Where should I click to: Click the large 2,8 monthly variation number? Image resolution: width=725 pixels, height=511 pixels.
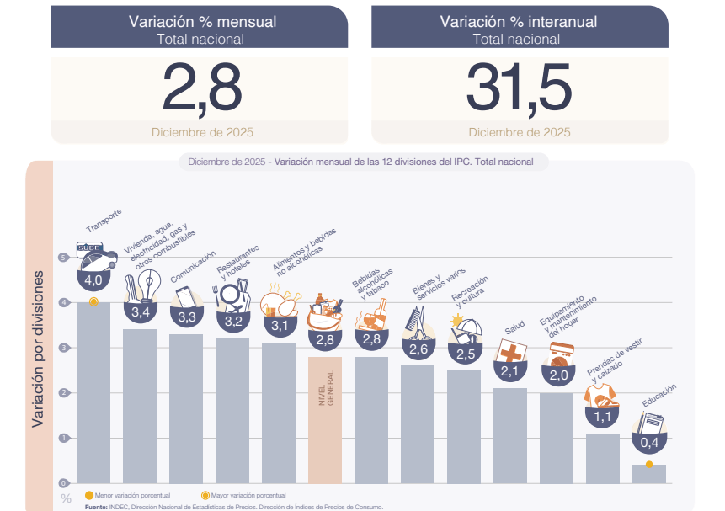pyautogui.click(x=201, y=88)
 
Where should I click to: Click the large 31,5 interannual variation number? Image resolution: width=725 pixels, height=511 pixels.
pyautogui.click(x=519, y=88)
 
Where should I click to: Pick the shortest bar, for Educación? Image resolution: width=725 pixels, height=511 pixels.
pyautogui.click(x=648, y=474)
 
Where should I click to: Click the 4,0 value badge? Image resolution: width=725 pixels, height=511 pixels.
pyautogui.click(x=93, y=279)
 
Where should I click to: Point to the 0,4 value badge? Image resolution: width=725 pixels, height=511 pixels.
pyautogui.click(x=649, y=442)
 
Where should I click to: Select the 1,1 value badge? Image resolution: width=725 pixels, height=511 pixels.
pyautogui.click(x=603, y=416)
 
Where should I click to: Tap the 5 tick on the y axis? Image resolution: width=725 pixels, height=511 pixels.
pyautogui.click(x=62, y=258)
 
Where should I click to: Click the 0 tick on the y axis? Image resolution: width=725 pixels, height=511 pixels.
pyautogui.click(x=62, y=483)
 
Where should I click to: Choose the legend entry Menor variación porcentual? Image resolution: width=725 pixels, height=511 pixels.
pyautogui.click(x=127, y=496)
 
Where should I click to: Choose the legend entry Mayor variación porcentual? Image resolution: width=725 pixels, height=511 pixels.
pyautogui.click(x=243, y=496)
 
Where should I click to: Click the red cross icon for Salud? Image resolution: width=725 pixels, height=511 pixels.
pyautogui.click(x=510, y=351)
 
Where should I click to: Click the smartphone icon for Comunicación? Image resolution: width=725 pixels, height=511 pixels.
pyautogui.click(x=185, y=297)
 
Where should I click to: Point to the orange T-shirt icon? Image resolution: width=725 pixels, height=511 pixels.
pyautogui.click(x=605, y=394)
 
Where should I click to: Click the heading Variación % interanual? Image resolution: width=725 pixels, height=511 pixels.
pyautogui.click(x=519, y=22)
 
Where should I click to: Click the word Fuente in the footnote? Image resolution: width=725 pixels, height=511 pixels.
pyautogui.click(x=96, y=507)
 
